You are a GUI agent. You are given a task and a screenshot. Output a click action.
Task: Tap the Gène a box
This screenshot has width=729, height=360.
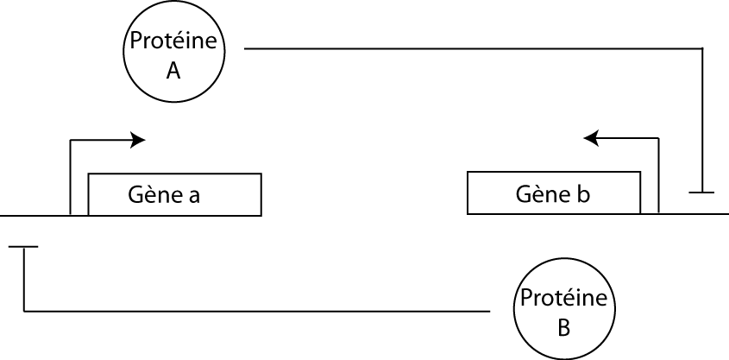pos(174,194)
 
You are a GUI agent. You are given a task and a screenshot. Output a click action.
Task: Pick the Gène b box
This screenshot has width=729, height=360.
pos(554,193)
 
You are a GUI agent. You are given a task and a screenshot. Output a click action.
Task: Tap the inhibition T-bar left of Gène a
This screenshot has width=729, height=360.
pos(24,248)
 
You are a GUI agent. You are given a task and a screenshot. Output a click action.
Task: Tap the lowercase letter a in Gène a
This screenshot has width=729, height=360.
pos(194,197)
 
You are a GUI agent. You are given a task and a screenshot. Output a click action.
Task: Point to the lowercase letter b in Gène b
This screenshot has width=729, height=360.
pos(584,194)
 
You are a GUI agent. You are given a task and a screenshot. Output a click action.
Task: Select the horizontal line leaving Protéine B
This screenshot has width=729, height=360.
pos(259,311)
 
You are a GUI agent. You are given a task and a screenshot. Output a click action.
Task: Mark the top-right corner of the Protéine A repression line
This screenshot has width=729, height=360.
pos(702,50)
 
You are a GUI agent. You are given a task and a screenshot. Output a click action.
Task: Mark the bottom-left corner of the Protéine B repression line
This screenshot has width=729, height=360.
pos(24,311)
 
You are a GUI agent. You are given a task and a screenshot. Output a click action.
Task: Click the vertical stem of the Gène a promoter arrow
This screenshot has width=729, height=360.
pos(70,177)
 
